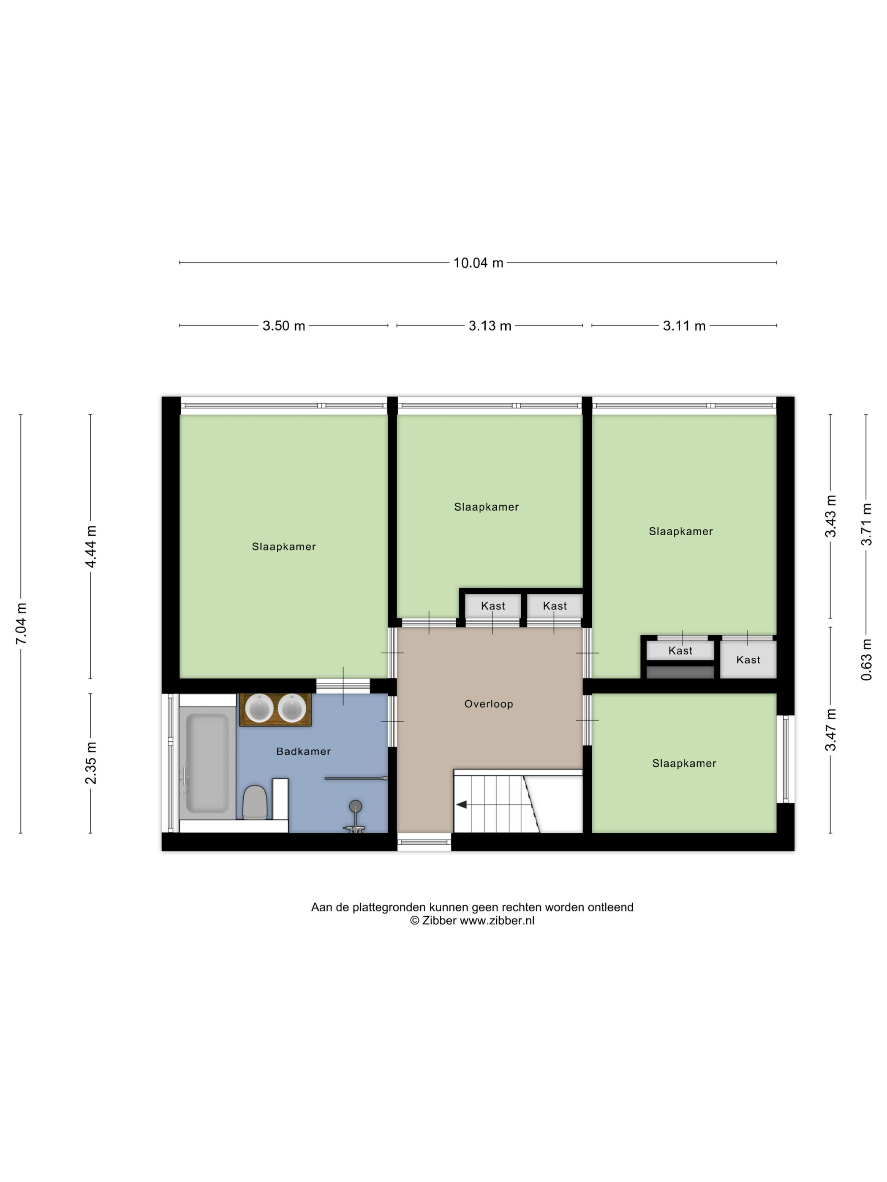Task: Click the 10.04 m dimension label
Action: click(x=478, y=263)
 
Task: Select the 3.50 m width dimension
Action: click(x=283, y=325)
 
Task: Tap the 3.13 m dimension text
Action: click(x=490, y=325)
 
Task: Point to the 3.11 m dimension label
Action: click(x=684, y=325)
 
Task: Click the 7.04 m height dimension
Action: click(x=22, y=623)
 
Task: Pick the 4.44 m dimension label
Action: click(x=91, y=547)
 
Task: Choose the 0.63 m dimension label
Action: click(x=866, y=659)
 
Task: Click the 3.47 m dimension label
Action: click(x=830, y=730)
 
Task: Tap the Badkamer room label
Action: click(x=303, y=751)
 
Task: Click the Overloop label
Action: click(x=488, y=704)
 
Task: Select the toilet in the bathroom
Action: click(x=255, y=802)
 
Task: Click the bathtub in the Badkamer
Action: click(x=207, y=763)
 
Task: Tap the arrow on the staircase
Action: click(x=461, y=805)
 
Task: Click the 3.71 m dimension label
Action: click(x=866, y=524)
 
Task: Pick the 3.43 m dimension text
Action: click(x=830, y=516)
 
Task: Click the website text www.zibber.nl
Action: click(x=497, y=920)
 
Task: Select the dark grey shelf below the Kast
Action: click(x=680, y=672)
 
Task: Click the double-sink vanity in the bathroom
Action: click(x=275, y=710)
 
